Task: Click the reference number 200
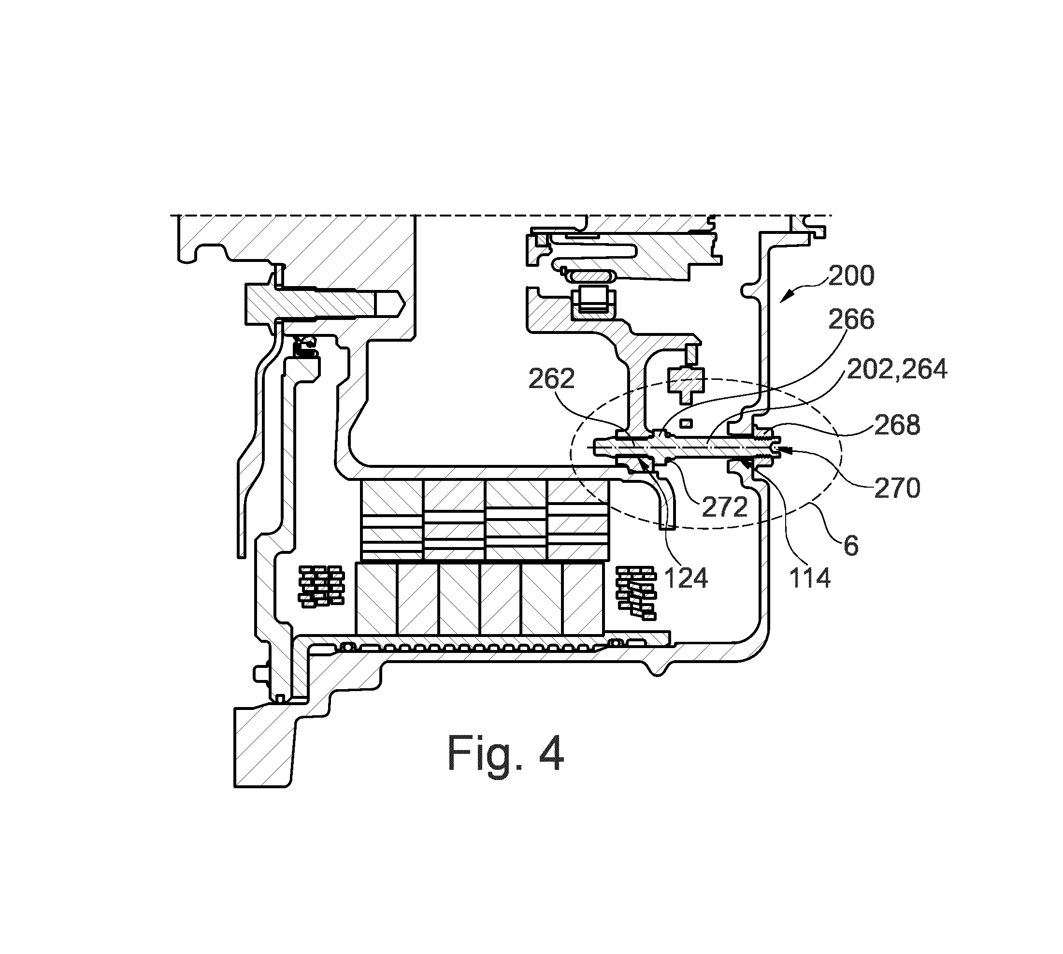(x=851, y=276)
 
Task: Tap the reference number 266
(x=851, y=319)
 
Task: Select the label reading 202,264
(x=897, y=370)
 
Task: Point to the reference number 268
(x=897, y=425)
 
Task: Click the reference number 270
(x=897, y=488)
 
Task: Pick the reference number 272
(x=724, y=506)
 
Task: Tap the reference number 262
(x=551, y=378)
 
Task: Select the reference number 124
(x=686, y=578)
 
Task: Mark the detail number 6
(x=851, y=546)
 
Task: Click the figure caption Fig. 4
(x=506, y=754)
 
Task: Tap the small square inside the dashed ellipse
(x=686, y=423)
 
